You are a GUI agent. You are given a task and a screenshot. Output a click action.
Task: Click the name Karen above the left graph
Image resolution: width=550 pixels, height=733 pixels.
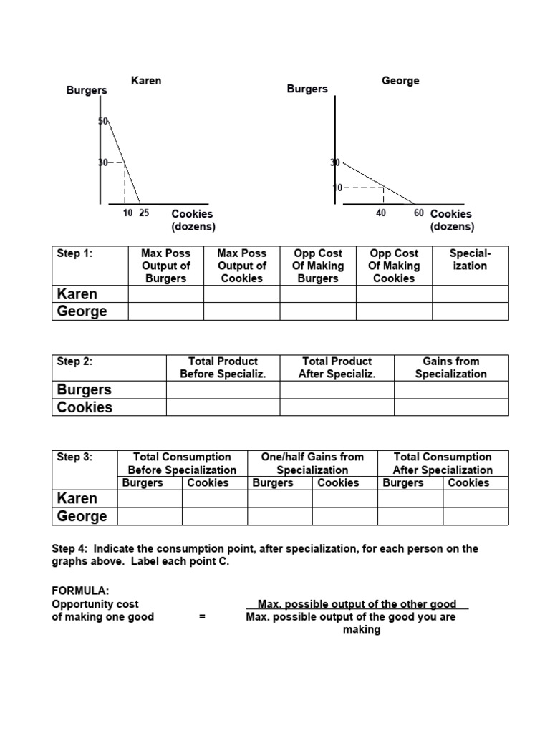(146, 80)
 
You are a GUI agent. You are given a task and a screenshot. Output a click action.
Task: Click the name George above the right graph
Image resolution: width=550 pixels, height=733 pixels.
(400, 80)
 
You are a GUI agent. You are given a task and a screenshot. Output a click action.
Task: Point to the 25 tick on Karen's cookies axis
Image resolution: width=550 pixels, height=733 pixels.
(144, 213)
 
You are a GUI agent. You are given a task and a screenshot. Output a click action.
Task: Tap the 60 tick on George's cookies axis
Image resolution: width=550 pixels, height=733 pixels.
(418, 213)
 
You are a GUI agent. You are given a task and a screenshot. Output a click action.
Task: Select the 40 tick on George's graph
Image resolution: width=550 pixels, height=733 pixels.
(381, 213)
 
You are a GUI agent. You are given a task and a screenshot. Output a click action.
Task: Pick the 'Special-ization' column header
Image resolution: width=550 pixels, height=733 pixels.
(470, 259)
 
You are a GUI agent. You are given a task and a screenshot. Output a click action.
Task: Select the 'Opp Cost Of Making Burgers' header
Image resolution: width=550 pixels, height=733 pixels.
(317, 266)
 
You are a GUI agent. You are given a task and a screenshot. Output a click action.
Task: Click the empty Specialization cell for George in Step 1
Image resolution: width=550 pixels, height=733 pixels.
(470, 311)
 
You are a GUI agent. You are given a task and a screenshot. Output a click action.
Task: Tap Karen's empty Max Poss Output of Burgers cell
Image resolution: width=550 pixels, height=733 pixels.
(165, 294)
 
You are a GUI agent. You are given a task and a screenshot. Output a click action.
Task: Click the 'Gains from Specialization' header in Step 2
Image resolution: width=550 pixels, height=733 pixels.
(450, 367)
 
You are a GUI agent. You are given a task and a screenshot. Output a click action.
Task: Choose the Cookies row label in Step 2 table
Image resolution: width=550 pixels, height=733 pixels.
(85, 407)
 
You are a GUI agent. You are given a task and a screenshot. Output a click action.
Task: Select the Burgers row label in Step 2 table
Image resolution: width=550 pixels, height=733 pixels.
(85, 389)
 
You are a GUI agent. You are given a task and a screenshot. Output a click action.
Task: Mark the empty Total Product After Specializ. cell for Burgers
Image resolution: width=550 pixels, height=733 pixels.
(337, 389)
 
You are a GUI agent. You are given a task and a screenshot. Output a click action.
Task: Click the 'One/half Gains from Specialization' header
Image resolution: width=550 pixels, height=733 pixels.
(312, 463)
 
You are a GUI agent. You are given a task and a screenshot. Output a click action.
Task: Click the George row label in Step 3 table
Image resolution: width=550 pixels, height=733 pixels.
(82, 516)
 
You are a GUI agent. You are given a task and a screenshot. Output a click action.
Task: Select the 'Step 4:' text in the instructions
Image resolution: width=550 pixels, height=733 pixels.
(70, 549)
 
